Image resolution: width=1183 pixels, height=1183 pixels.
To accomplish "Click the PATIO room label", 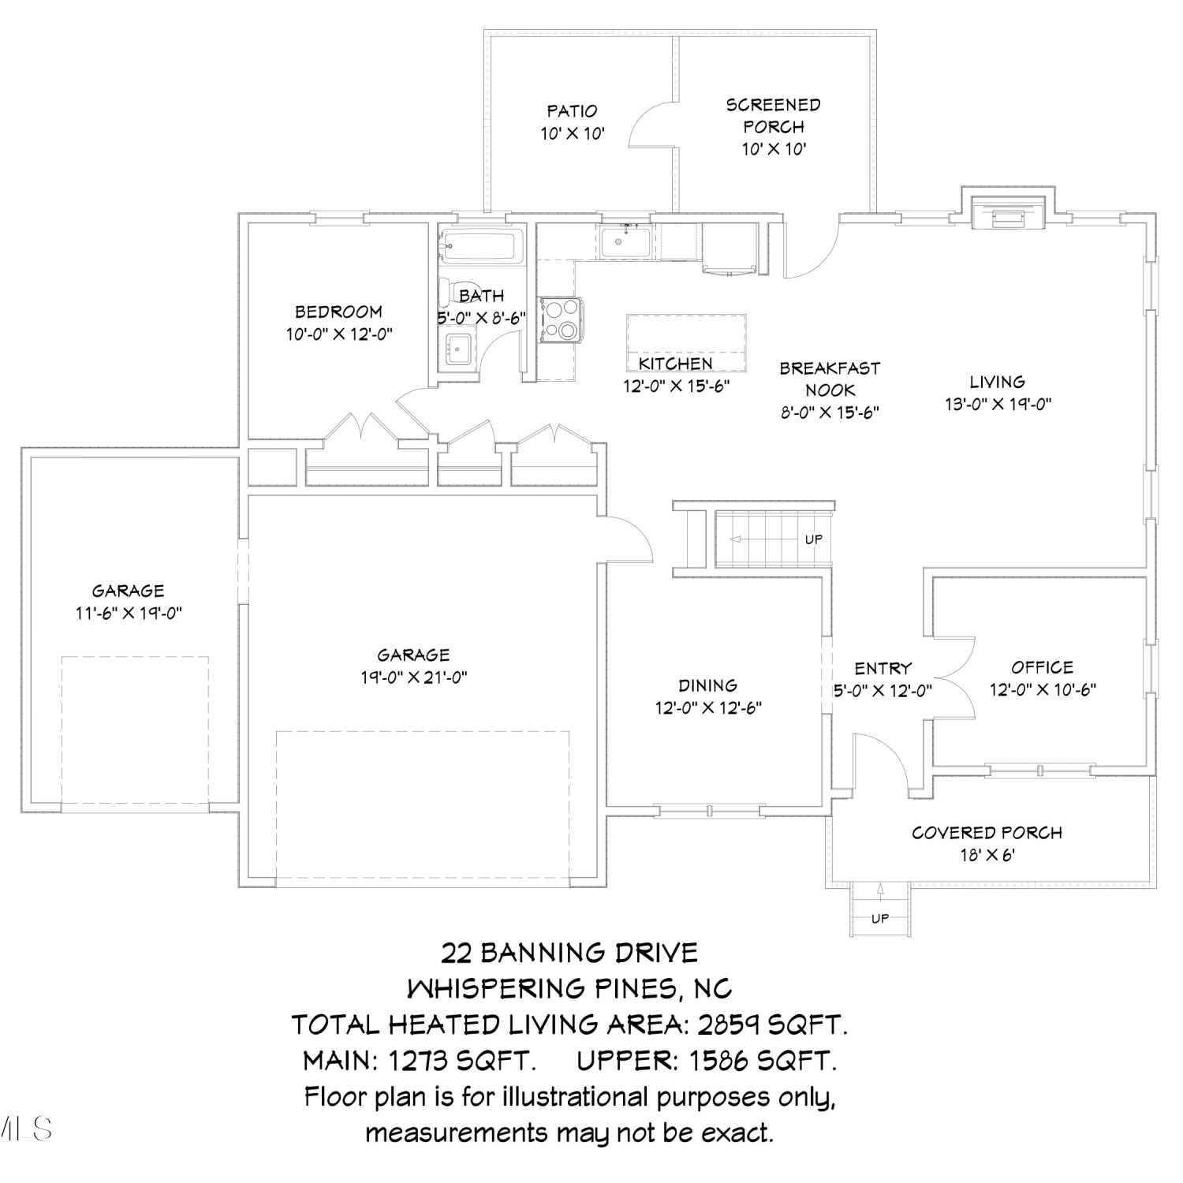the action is pyautogui.click(x=572, y=111).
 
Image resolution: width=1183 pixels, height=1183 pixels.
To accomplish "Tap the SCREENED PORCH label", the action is pyautogui.click(x=774, y=116).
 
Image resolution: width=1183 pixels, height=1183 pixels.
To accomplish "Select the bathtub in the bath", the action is pyautogui.click(x=481, y=246).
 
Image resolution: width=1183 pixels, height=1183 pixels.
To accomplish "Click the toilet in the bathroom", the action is pyautogui.click(x=457, y=293).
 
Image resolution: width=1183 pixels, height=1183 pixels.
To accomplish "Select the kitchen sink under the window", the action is pyautogui.click(x=625, y=241).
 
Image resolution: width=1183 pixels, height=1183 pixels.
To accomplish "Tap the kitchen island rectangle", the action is pyautogui.click(x=686, y=342).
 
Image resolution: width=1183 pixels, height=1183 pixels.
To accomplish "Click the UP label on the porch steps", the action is pyautogui.click(x=880, y=918).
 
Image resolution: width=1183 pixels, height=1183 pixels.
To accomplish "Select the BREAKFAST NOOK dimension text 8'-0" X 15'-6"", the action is pyautogui.click(x=830, y=412).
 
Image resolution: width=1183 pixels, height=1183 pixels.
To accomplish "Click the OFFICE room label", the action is pyautogui.click(x=1043, y=667).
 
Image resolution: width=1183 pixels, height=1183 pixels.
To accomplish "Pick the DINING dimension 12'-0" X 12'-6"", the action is pyautogui.click(x=708, y=708).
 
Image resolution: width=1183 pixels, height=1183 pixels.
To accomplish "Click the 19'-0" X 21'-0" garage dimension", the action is pyautogui.click(x=414, y=677).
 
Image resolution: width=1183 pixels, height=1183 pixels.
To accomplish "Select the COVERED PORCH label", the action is pyautogui.click(x=987, y=833).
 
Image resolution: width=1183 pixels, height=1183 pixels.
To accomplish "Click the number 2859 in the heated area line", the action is pyautogui.click(x=724, y=1024).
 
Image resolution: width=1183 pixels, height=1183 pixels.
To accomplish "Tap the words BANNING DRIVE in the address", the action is pyautogui.click(x=589, y=953).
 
